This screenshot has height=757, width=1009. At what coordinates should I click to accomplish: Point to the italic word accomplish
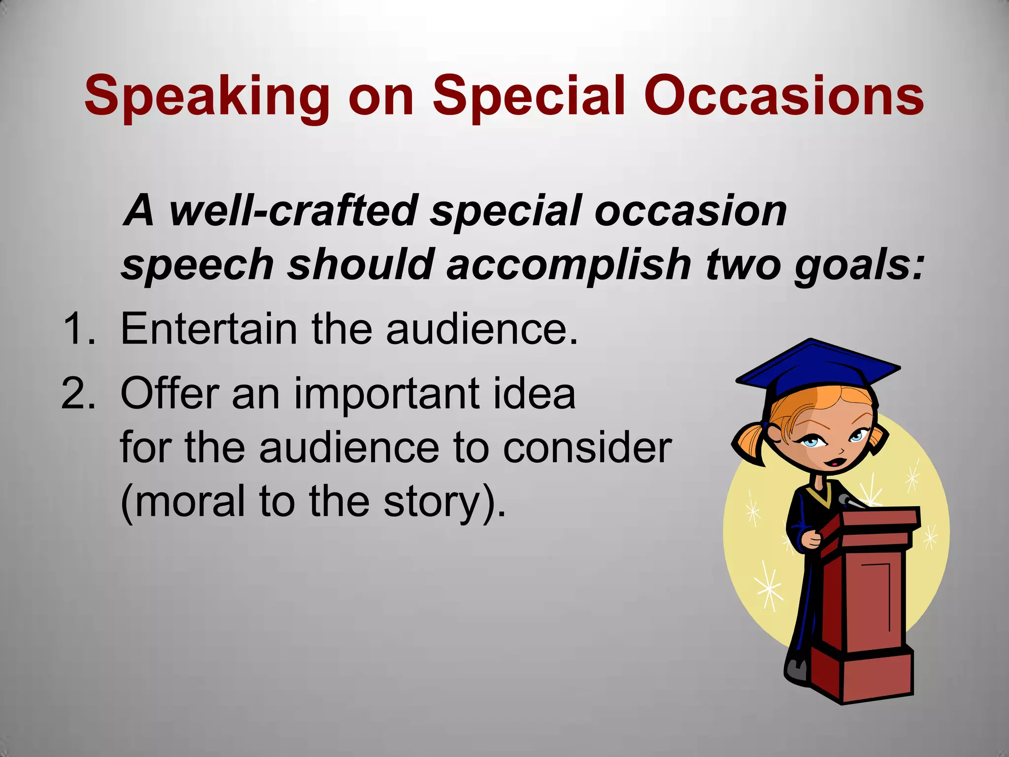[x=569, y=265]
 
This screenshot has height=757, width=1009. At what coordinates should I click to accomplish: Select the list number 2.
[x=78, y=393]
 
